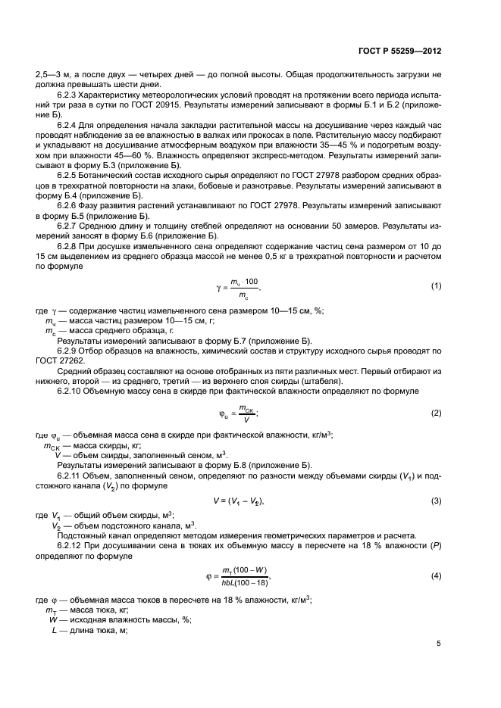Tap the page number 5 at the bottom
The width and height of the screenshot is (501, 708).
tap(439, 644)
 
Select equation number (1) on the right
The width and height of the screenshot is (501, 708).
tap(437, 285)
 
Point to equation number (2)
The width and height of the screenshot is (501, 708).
tap(437, 413)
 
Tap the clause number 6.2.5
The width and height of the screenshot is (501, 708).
tap(69, 173)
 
